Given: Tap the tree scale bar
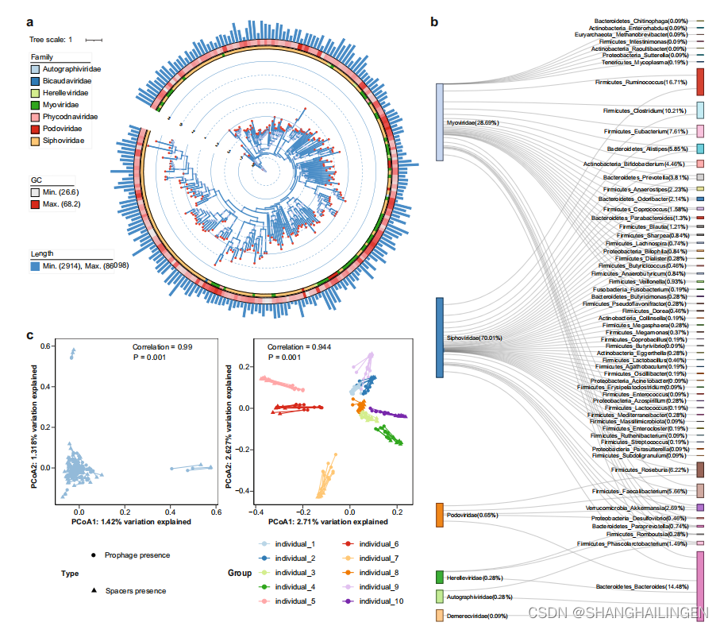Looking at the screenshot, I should pyautogui.click(x=94, y=39).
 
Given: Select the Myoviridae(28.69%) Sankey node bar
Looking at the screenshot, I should pyautogui.click(x=439, y=122).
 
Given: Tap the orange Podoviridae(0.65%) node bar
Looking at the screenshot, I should pyautogui.click(x=439, y=515).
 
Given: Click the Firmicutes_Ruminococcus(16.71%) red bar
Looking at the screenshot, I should pyautogui.click(x=701, y=82).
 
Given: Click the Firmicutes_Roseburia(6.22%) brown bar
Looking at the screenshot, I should pyautogui.click(x=701, y=470).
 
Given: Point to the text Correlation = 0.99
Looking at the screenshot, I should pyautogui.click(x=162, y=347).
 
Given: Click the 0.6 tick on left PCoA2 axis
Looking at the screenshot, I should pyautogui.click(x=47, y=346).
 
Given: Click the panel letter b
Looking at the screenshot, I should pyautogui.click(x=434, y=21).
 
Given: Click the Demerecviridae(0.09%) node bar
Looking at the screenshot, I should pyautogui.click(x=439, y=615).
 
